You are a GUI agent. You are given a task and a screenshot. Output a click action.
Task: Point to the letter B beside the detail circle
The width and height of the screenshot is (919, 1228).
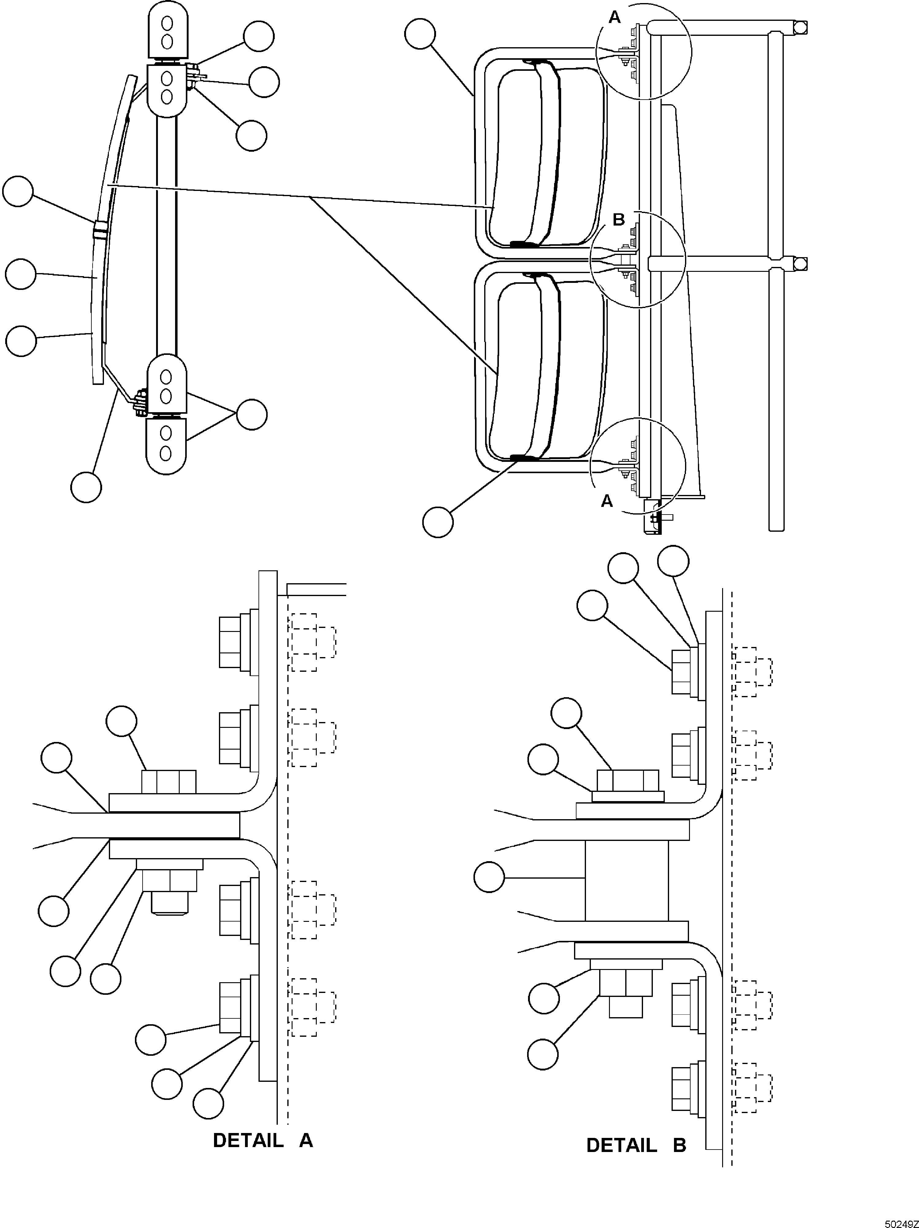click(618, 220)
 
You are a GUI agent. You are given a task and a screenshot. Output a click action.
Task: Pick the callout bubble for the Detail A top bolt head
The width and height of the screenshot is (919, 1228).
click(121, 721)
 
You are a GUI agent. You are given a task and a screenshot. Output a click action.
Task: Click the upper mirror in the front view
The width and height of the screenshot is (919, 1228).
click(547, 154)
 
